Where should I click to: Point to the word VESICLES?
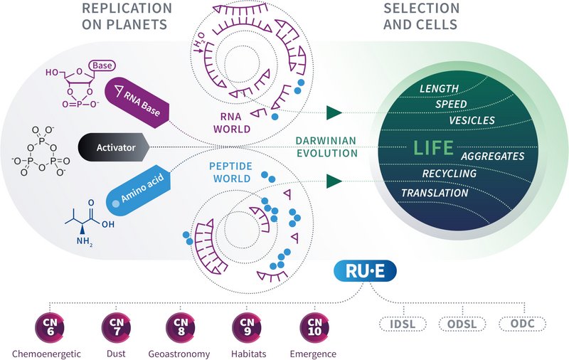[472, 120]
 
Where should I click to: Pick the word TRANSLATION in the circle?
[435, 193]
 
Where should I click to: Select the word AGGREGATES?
[492, 156]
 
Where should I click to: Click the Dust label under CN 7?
[115, 354]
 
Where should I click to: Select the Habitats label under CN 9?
[247, 354]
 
